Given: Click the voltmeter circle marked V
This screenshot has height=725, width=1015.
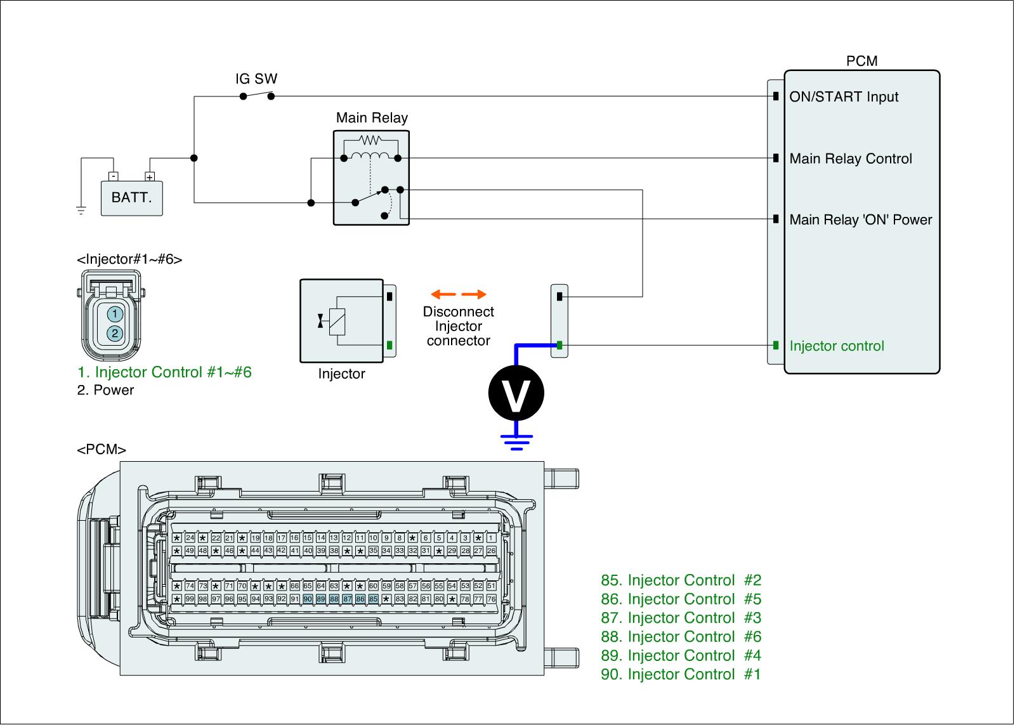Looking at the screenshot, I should point(516,393).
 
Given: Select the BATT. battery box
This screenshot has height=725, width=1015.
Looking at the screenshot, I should point(132,197).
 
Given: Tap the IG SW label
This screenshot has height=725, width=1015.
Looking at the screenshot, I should point(256,79).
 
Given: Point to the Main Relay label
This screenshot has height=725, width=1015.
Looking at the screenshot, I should point(372,118).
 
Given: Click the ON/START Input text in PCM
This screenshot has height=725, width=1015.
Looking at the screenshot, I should point(844,97).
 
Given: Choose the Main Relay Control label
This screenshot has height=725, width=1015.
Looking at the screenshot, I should point(851,159).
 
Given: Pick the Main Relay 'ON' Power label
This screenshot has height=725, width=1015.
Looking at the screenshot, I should point(861,220).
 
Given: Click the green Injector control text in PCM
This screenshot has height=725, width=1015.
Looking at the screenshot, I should point(837,346).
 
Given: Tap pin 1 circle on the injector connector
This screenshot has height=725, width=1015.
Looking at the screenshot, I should point(114,314).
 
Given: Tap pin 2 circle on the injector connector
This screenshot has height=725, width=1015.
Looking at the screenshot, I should point(114,333).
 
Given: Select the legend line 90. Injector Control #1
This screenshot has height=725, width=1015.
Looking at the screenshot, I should point(681,674).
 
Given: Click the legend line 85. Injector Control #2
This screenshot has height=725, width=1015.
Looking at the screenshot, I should point(681,580).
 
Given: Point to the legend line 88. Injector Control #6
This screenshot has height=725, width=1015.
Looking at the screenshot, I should point(681,637).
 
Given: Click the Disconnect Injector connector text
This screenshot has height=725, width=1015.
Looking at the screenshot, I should point(459,327).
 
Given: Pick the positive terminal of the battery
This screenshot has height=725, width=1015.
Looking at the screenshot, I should point(150,177).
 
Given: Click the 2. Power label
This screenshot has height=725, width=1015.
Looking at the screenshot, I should point(105,390).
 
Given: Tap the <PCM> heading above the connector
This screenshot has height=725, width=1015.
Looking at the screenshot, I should point(101,450).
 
